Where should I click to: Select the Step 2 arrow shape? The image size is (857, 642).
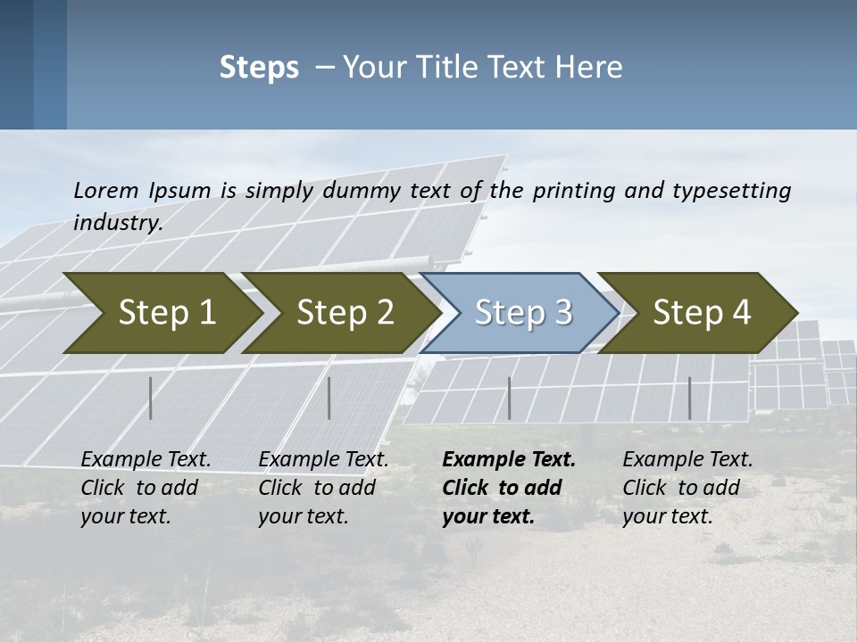click(344, 313)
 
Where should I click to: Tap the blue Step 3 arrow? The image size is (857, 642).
click(522, 313)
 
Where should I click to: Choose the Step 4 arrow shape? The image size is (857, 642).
click(701, 313)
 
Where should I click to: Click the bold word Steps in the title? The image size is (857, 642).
click(259, 68)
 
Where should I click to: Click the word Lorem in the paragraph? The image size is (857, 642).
click(106, 190)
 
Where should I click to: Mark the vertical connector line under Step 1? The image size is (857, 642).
click(151, 398)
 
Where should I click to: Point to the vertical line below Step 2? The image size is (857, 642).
click(329, 398)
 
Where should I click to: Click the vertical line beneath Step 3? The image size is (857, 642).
click(509, 398)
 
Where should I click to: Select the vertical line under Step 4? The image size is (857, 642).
click(689, 398)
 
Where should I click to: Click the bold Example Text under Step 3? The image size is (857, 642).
click(509, 460)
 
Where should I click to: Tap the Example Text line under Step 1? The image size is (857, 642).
click(146, 460)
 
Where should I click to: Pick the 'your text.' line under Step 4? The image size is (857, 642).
click(667, 516)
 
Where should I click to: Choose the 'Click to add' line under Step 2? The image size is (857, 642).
click(317, 488)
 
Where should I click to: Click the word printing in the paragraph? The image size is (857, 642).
click(572, 190)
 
